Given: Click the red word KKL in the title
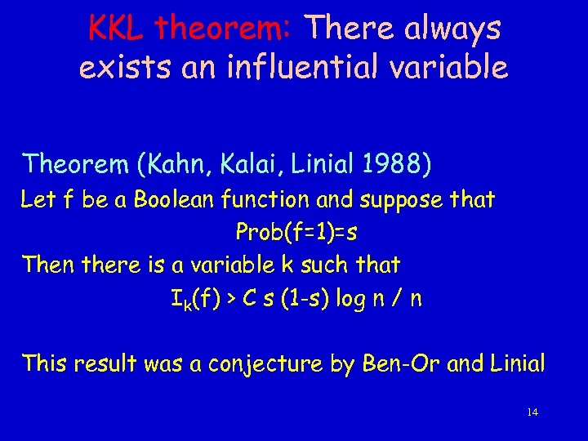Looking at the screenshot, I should pyautogui.click(x=117, y=29).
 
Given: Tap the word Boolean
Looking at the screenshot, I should pyautogui.click(x=170, y=200).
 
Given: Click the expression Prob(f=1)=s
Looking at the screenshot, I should pyautogui.click(x=296, y=233).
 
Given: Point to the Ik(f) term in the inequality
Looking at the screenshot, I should pyautogui.click(x=194, y=300).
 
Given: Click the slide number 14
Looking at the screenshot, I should pyautogui.click(x=532, y=412).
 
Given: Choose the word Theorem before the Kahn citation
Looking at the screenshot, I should pyautogui.click(x=73, y=165).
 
